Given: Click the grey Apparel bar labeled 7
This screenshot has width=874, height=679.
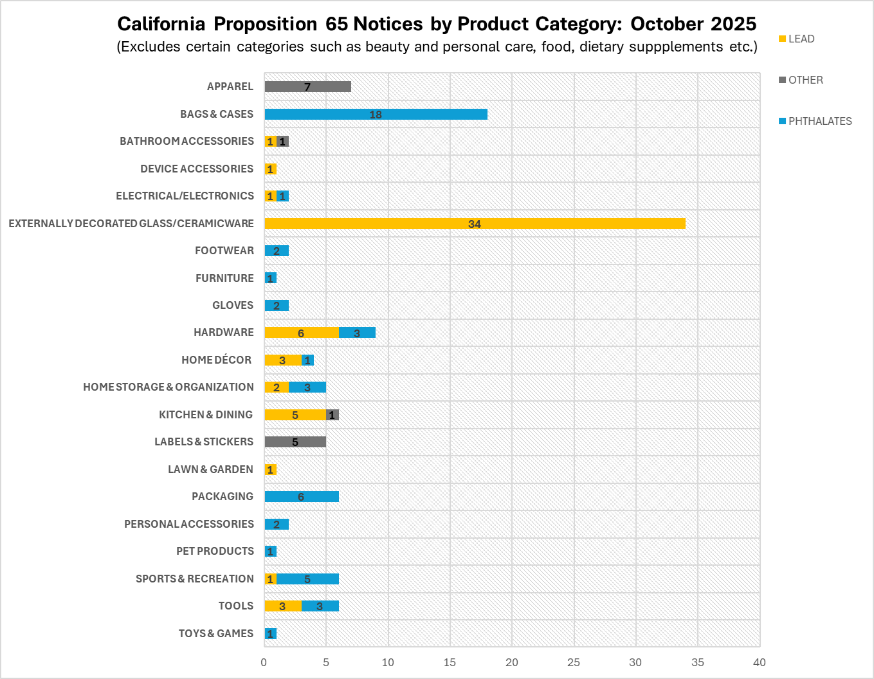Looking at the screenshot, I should pos(307,87).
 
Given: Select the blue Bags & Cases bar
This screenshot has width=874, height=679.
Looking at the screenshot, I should pos(376,115).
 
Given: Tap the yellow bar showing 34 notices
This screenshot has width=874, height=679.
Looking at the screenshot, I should pos(474,224).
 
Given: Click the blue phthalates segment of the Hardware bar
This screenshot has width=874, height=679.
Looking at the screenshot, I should pos(357,333).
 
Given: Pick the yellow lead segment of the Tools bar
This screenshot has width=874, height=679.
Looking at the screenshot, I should pos(282,606).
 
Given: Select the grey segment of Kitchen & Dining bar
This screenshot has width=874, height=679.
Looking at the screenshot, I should pos(332,415).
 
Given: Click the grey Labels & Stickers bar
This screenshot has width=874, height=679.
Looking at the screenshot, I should pos(295,442).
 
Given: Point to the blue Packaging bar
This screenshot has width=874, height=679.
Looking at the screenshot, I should pos(301,497).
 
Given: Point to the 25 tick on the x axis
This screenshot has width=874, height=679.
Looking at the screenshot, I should pos(574,662).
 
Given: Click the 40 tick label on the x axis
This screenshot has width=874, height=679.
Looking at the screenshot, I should pos(760,662).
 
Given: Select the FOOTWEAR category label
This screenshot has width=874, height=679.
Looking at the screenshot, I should pos(224,250).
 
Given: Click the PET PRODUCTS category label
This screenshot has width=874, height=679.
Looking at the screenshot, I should pos(215,551).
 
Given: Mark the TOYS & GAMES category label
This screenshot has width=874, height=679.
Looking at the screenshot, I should pos(216,633).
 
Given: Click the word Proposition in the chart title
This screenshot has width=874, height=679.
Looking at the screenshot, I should pos(265,24).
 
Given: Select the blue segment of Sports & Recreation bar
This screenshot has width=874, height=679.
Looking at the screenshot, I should pos(307,579).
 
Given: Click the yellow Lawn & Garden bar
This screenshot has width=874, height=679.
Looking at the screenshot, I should pos(270,470).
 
